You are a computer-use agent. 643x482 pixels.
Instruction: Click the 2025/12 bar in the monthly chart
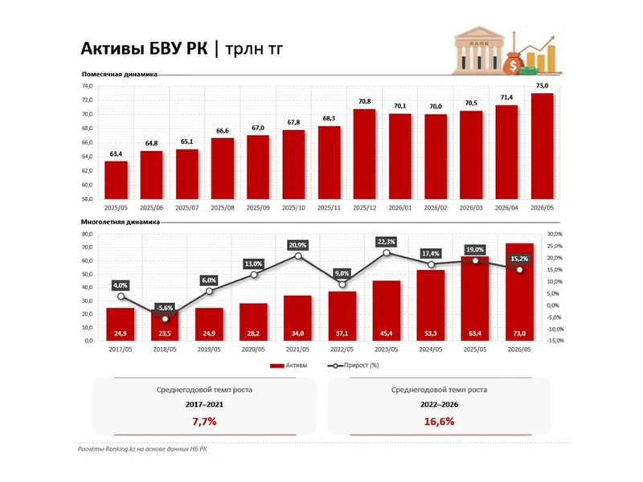pos(364,154)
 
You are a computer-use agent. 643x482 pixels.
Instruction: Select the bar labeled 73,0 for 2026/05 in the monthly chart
pos(542,146)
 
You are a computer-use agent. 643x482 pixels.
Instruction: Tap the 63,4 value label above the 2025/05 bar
pos(116,154)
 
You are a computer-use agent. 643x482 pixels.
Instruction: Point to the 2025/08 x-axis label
pos(223,208)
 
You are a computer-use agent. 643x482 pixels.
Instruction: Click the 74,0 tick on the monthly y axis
pos(88,86)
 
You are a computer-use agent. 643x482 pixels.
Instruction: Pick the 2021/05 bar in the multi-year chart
pos(297,318)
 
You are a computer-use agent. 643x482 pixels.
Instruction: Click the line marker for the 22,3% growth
pos(387,253)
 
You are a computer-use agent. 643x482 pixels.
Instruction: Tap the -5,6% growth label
pos(165,308)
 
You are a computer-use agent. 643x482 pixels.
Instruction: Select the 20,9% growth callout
pos(297,245)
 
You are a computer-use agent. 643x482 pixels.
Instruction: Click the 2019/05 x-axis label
pos(209,349)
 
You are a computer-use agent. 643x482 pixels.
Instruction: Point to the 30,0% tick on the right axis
pos(555,234)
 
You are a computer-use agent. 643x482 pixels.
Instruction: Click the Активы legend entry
pos(289,366)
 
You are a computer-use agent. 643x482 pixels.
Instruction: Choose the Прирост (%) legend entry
pos(353,366)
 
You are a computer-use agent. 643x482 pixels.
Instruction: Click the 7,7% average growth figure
pos(204,421)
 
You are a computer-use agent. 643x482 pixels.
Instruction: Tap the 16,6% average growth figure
pos(439,421)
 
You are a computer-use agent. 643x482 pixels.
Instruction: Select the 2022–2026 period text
pos(439,405)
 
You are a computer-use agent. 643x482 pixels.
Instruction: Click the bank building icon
pos(478,50)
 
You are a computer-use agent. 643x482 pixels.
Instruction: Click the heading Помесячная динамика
pos(119,74)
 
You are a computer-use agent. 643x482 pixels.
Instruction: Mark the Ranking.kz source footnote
pos(142,449)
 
